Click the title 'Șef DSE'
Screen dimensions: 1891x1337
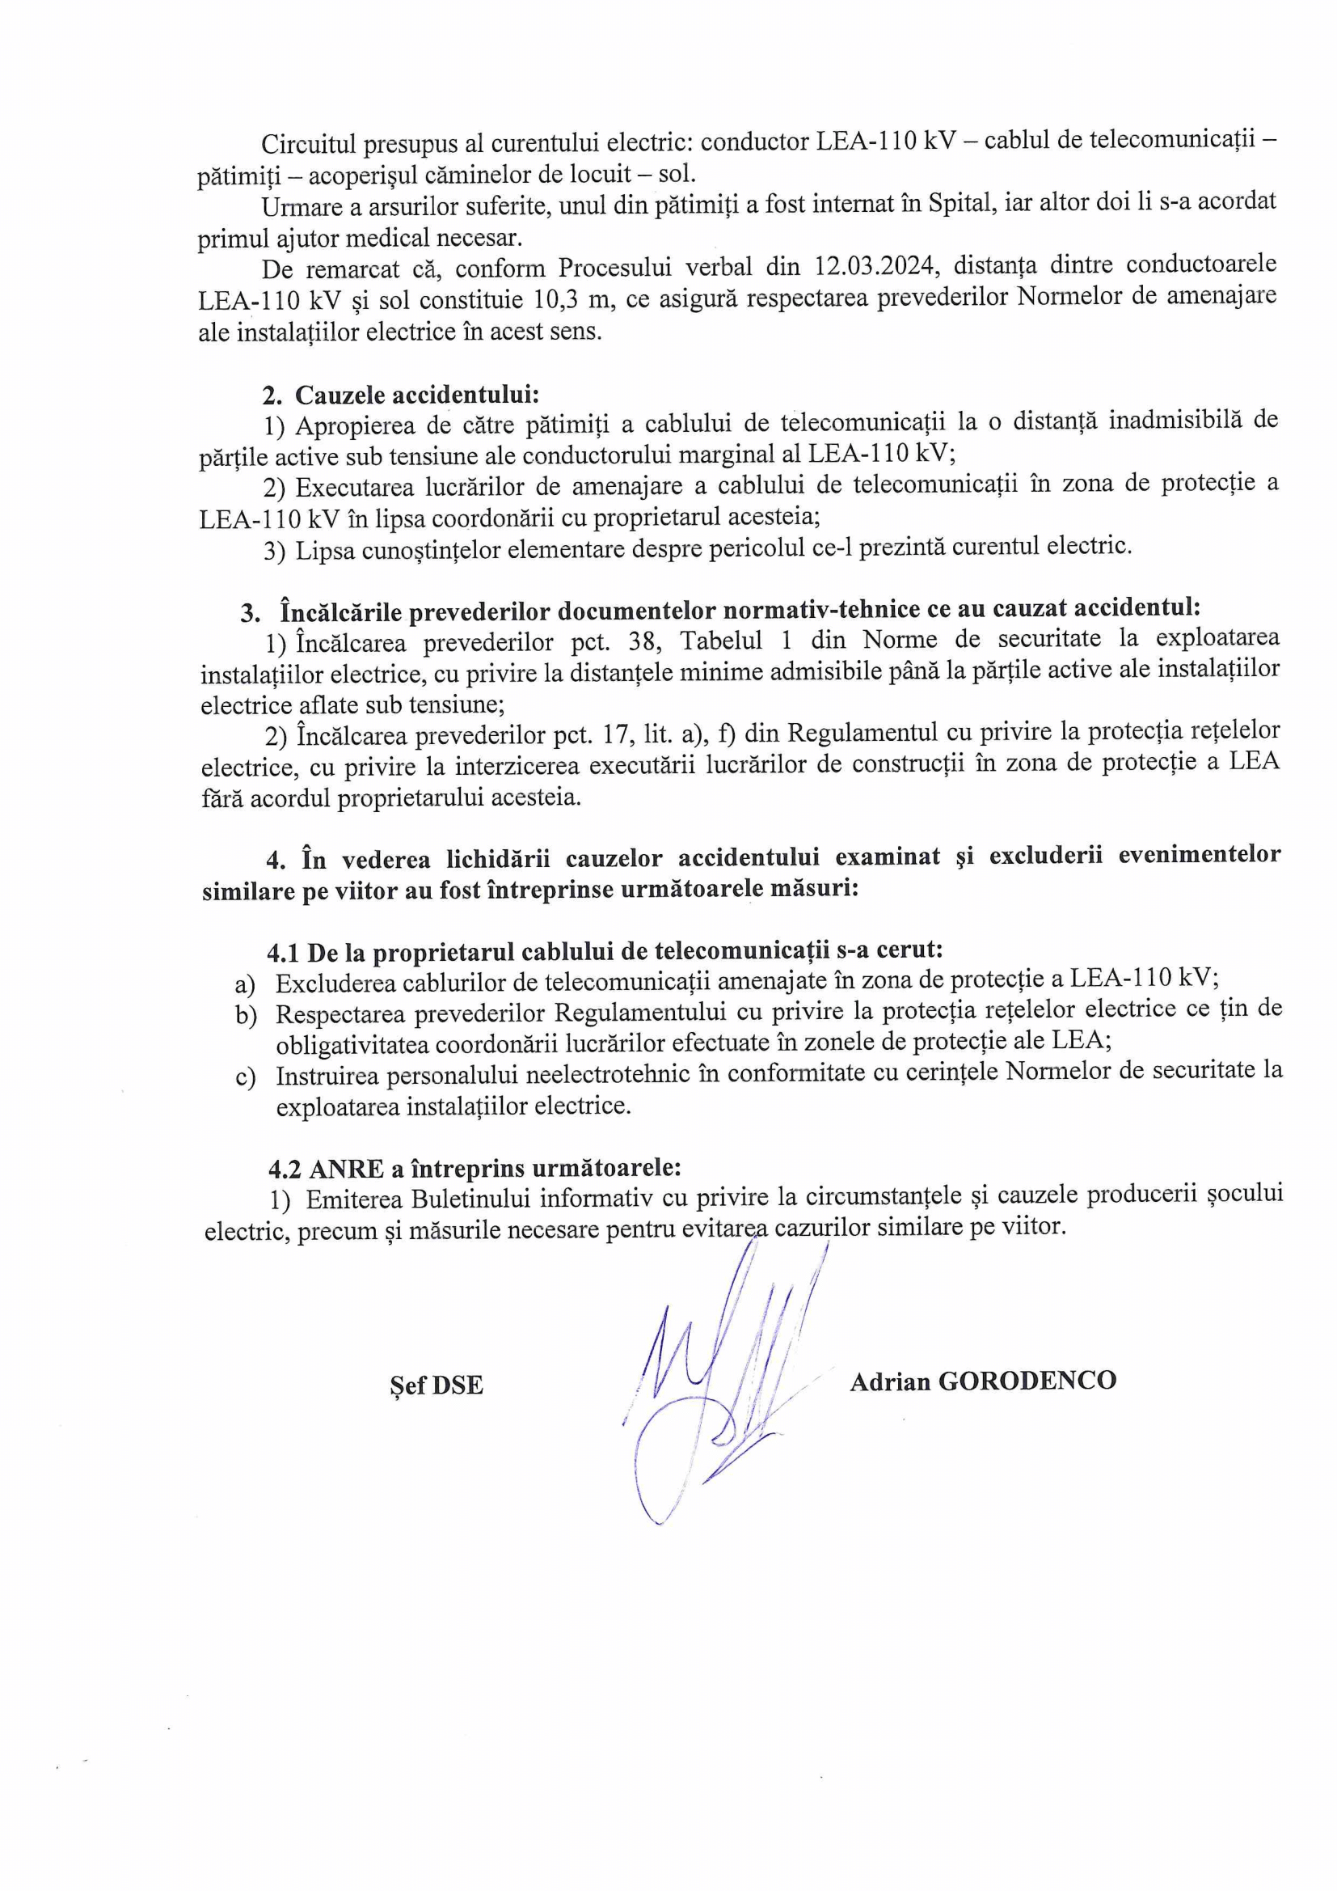click(437, 1385)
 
